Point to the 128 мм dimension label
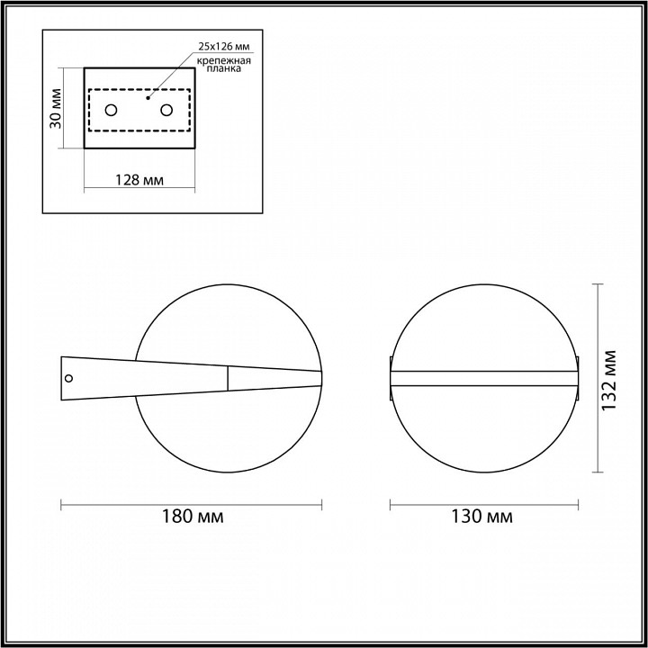pos(139,179)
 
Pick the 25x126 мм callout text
pos(224,44)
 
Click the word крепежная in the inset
pos(224,59)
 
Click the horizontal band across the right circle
pos(482,378)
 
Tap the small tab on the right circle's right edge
pos(576,378)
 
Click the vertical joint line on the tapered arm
pos(228,377)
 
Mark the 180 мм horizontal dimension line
pos(191,502)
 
